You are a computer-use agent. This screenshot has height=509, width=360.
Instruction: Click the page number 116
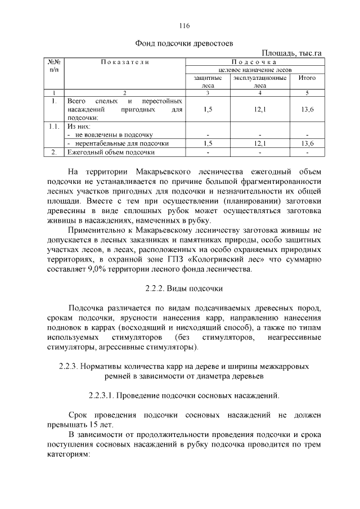(x=184, y=26)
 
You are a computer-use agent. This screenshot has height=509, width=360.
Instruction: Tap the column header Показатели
(x=125, y=61)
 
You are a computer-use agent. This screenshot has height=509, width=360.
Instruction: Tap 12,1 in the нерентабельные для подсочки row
(x=259, y=143)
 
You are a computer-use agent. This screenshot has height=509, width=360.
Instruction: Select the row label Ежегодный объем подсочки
(x=111, y=152)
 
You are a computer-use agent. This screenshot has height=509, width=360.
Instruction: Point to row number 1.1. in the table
(x=54, y=127)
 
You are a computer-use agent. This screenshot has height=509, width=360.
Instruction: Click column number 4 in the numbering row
(x=259, y=92)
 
